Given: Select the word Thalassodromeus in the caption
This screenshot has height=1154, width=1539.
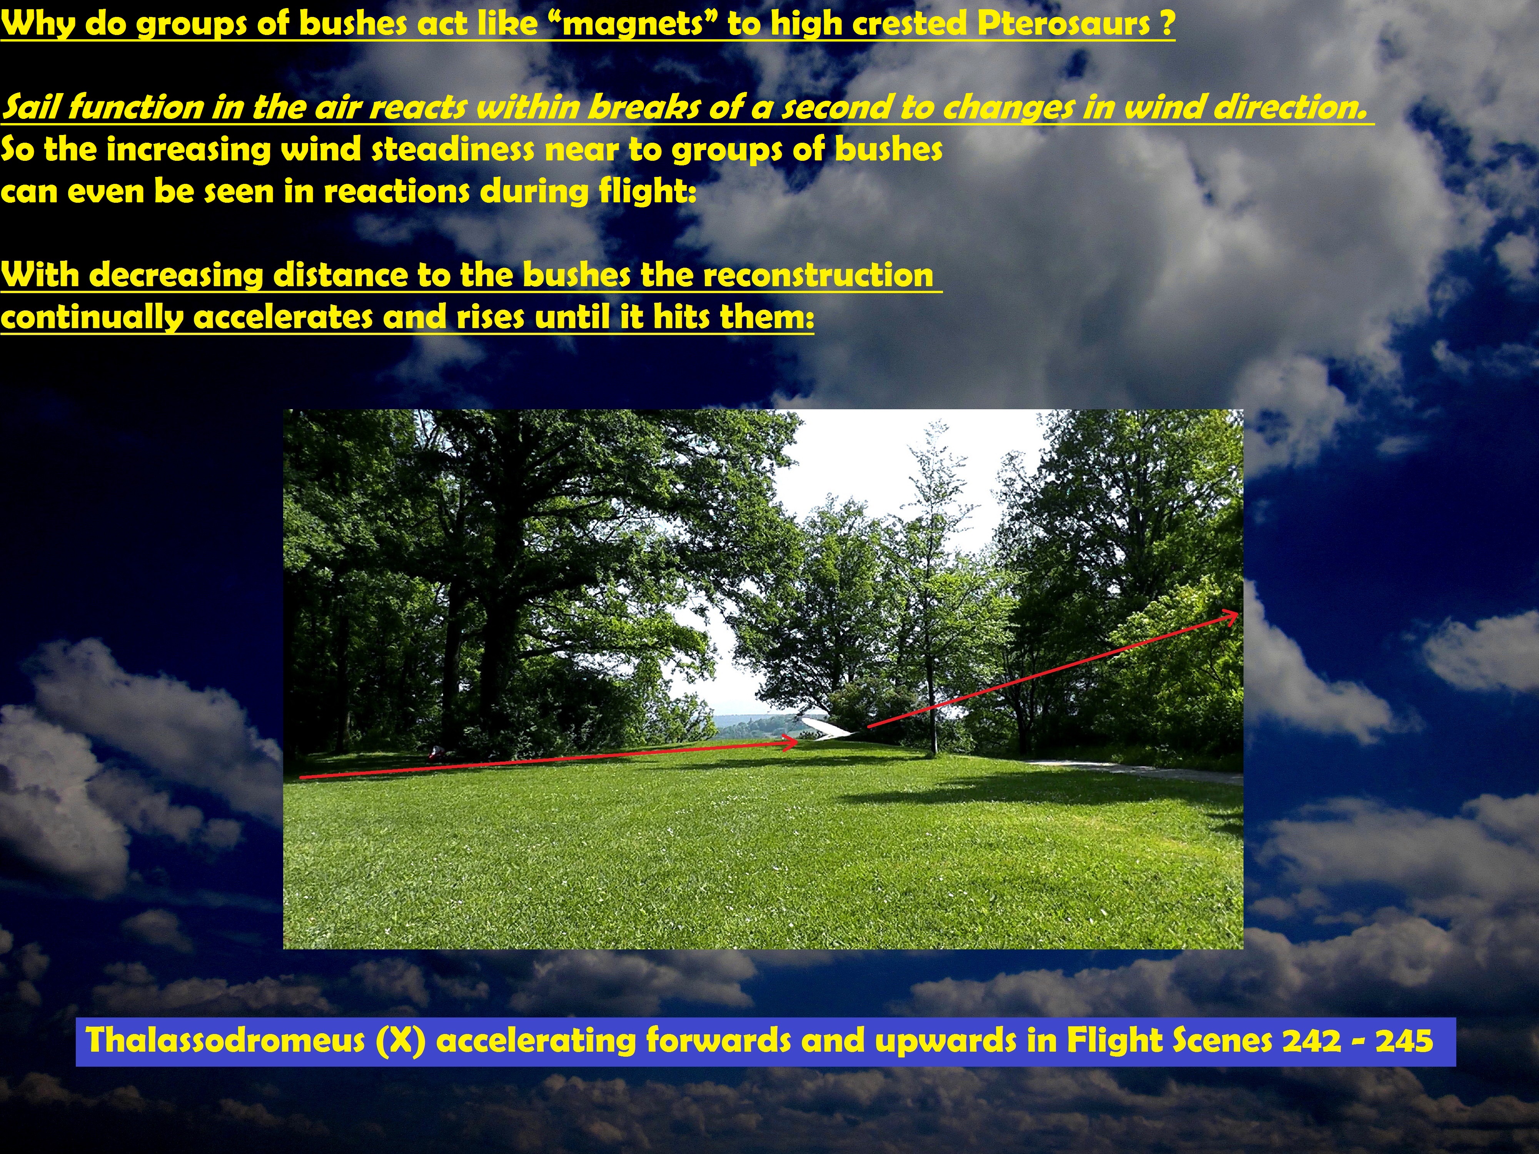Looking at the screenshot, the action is (225, 1041).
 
